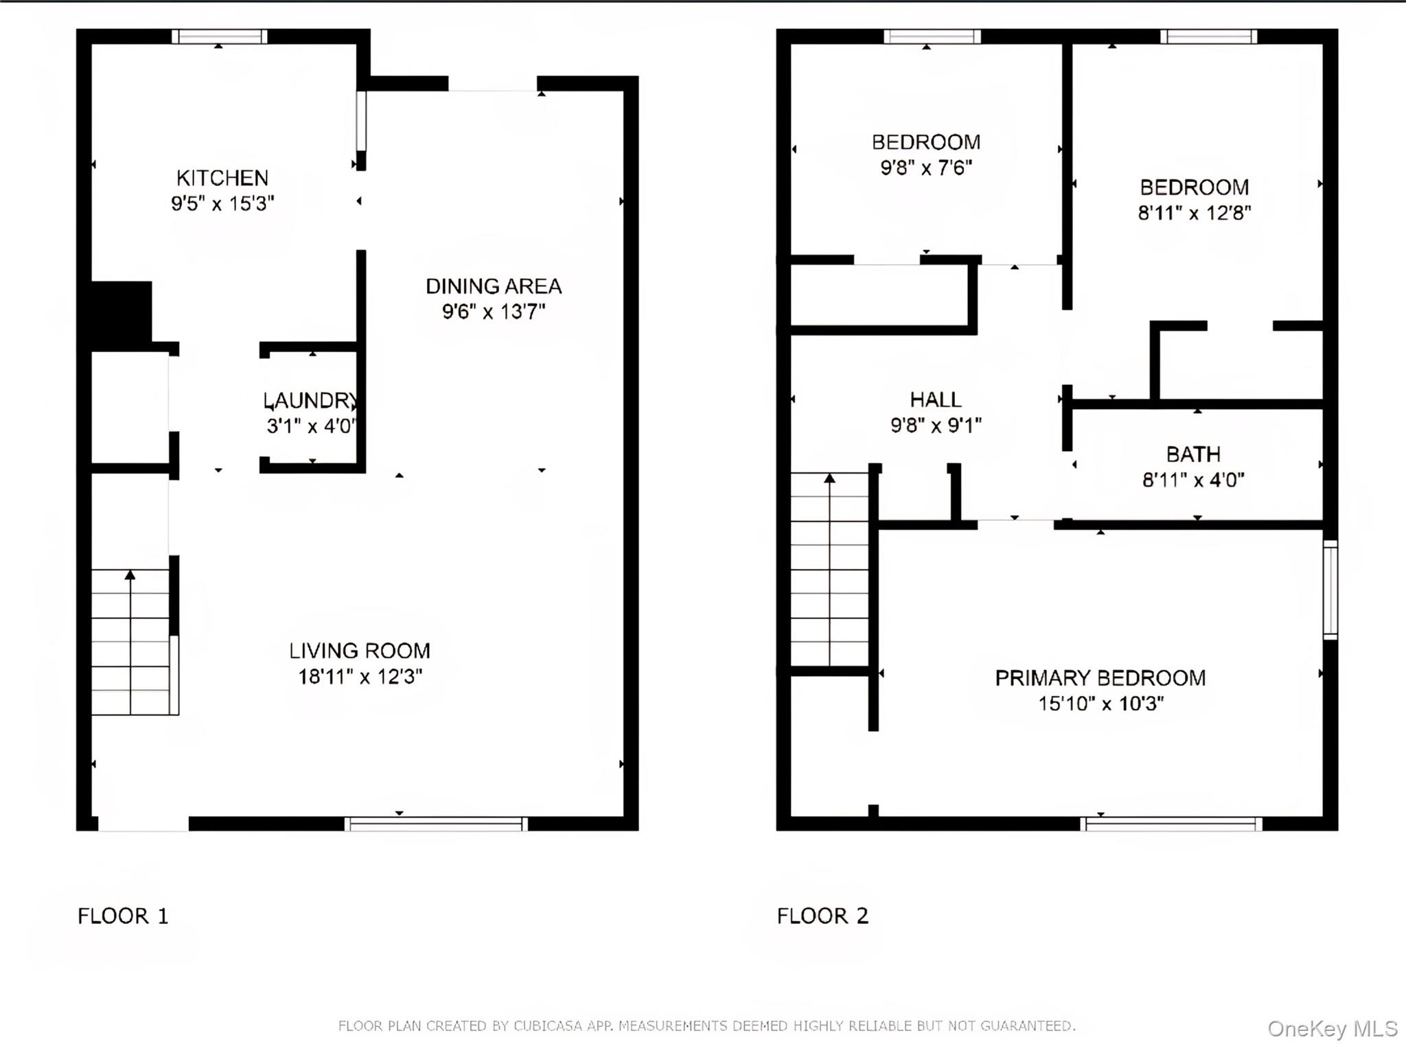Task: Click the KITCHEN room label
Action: [222, 178]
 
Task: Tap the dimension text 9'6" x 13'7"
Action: [493, 312]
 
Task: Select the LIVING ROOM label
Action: [359, 651]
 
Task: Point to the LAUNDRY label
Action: [310, 400]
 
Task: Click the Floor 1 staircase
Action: [130, 642]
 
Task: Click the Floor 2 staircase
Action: [830, 569]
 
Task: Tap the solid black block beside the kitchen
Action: [122, 312]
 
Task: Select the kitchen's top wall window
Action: [219, 36]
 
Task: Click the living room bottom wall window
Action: [436, 824]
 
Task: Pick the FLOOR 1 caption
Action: [123, 916]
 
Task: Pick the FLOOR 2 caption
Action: [822, 916]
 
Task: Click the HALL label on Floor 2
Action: [935, 399]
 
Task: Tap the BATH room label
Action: [1193, 454]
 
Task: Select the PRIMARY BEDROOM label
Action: [1100, 678]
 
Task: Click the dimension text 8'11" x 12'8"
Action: [1194, 213]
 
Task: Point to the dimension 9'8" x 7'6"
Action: [926, 167]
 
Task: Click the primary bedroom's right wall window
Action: [1330, 590]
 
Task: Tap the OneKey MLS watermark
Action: [1332, 1028]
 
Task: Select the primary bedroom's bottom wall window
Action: [1171, 824]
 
